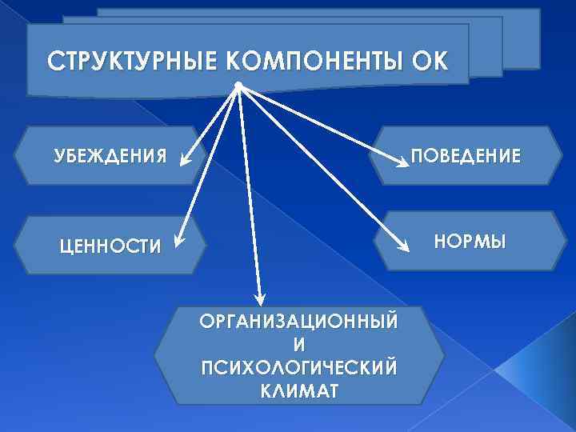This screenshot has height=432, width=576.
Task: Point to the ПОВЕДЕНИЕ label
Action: pyautogui.click(x=465, y=155)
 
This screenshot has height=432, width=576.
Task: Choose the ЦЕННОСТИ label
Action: pyautogui.click(x=111, y=246)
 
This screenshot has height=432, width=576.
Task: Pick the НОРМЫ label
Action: pyautogui.click(x=470, y=239)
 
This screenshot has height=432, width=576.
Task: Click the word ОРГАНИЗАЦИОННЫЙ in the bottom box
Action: pyautogui.click(x=298, y=322)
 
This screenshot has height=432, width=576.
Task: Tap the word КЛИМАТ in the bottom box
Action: pyautogui.click(x=298, y=391)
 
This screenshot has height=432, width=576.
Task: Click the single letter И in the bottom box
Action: pyautogui.click(x=298, y=345)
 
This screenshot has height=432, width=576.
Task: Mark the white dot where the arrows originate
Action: pyautogui.click(x=238, y=86)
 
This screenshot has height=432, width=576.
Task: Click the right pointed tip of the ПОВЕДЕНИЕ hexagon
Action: pyautogui.click(x=562, y=155)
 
